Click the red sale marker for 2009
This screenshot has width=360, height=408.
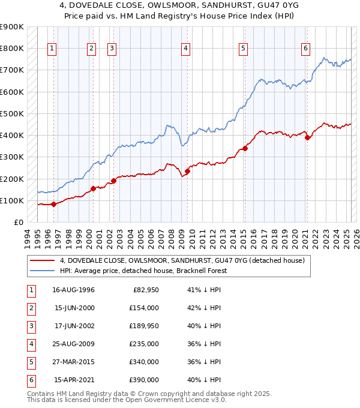[187, 171]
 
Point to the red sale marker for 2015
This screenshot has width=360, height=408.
[245, 148]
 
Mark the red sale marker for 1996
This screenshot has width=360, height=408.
[53, 204]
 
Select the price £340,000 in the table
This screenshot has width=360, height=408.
[145, 362]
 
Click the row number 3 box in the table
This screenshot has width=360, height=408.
[30, 326]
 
